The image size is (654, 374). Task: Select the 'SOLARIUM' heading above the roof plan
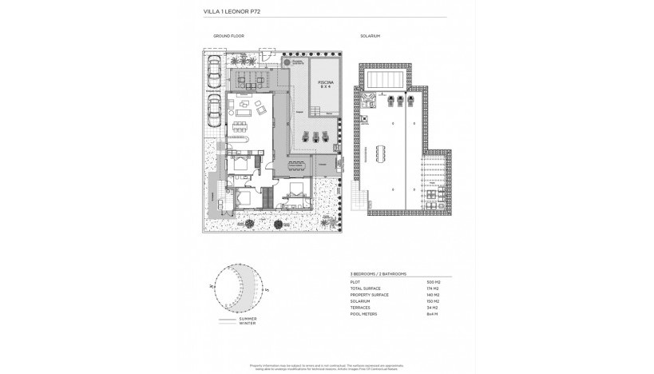371,37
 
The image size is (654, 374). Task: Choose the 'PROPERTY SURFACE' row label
368,295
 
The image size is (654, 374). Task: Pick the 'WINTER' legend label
248,324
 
